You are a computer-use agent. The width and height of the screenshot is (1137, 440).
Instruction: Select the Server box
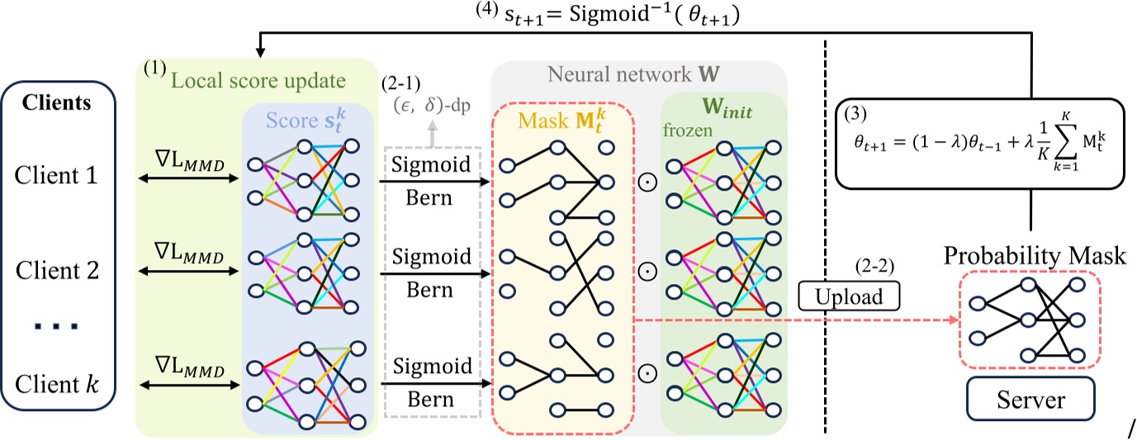1030,401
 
